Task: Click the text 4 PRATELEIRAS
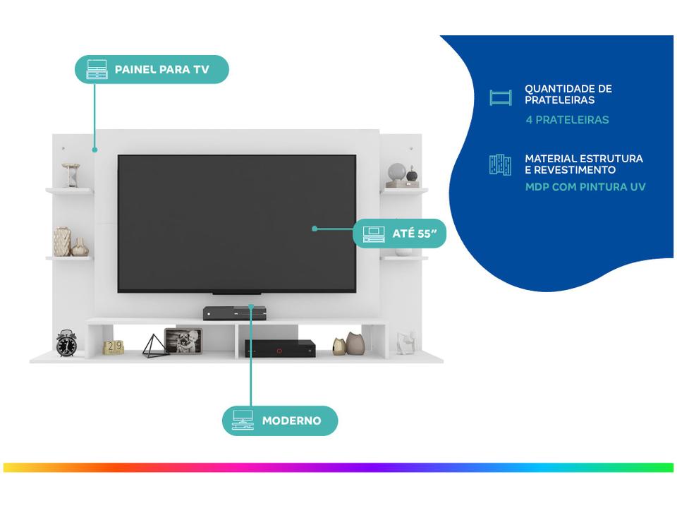pyautogui.click(x=567, y=120)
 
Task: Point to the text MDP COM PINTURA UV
pyautogui.click(x=585, y=188)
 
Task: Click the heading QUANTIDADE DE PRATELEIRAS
pyautogui.click(x=568, y=95)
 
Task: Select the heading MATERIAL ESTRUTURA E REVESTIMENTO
pyautogui.click(x=583, y=164)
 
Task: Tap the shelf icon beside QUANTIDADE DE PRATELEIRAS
pyautogui.click(x=501, y=97)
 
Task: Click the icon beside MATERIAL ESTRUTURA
pyautogui.click(x=500, y=164)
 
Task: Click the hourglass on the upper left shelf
pyautogui.click(x=71, y=175)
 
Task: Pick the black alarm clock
pyautogui.click(x=67, y=344)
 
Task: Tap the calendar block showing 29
pyautogui.click(x=114, y=347)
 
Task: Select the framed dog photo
pyautogui.click(x=183, y=341)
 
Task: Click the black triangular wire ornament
pyautogui.click(x=155, y=345)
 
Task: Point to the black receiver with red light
pyautogui.click(x=280, y=349)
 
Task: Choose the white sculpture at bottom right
pyautogui.click(x=405, y=342)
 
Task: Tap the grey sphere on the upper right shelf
pyautogui.click(x=397, y=171)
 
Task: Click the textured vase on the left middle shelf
pyautogui.click(x=62, y=241)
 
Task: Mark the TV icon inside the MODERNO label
pyautogui.click(x=243, y=421)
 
